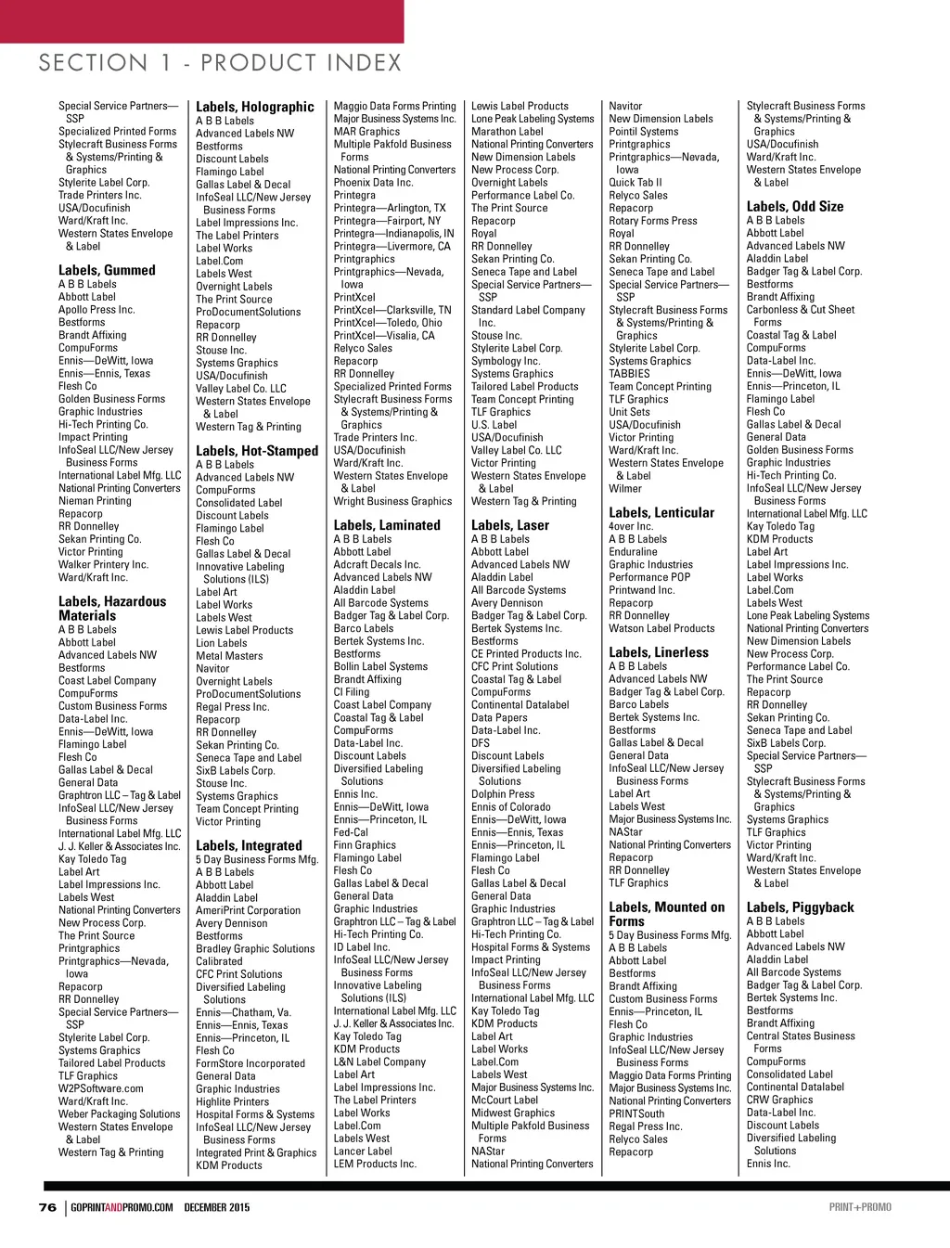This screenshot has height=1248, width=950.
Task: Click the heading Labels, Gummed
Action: [107, 270]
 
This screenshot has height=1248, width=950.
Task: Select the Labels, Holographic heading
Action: [255, 107]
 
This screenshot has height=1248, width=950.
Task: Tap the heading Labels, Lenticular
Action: [661, 512]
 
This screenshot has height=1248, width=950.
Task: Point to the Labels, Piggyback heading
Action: [801, 907]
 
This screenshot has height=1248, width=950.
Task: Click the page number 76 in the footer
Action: [47, 1207]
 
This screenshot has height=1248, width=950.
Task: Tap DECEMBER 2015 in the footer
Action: [217, 1207]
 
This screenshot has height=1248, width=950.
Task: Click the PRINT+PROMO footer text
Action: [860, 1207]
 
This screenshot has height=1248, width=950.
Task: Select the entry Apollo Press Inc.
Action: [96, 310]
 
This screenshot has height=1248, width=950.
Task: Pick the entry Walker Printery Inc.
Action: [103, 564]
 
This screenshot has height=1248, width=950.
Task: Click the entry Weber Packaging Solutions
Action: [119, 1114]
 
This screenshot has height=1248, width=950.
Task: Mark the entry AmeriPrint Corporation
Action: [248, 910]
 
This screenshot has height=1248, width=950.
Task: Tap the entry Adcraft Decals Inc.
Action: [377, 564]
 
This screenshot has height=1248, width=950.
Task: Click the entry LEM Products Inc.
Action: [375, 1164]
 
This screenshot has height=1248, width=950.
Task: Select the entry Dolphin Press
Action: [503, 794]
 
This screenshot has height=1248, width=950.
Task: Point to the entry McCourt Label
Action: [505, 1100]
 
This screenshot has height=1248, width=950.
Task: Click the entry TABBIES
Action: [629, 374]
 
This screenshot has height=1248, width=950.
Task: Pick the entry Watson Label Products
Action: [661, 628]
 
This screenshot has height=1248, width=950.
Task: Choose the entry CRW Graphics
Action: [779, 1100]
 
